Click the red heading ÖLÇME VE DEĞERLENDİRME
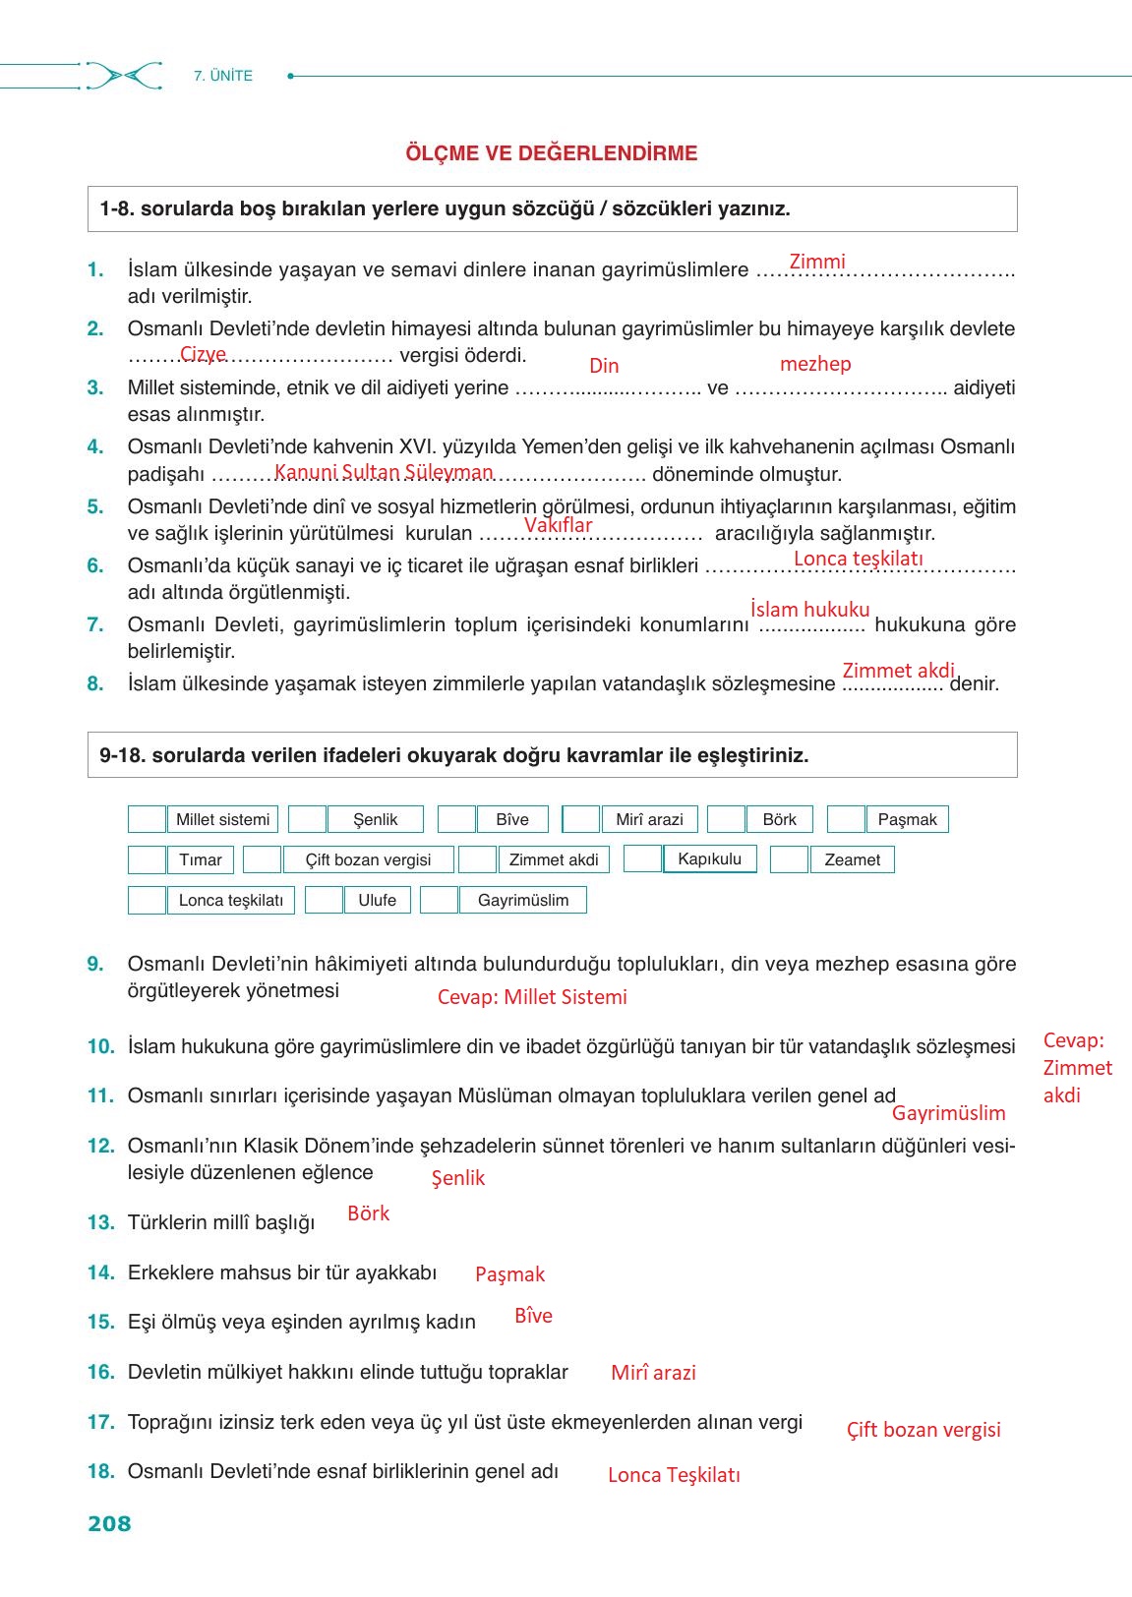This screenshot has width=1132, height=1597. (x=552, y=153)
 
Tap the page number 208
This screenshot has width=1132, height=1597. (x=109, y=1523)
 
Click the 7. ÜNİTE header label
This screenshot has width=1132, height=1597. (x=223, y=76)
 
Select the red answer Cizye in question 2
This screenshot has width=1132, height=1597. (x=204, y=354)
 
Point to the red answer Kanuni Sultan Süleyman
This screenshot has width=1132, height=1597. (x=384, y=472)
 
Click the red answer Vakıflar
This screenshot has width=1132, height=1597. (x=558, y=525)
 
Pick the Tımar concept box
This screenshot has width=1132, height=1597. (x=201, y=859)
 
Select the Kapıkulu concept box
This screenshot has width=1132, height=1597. (x=709, y=858)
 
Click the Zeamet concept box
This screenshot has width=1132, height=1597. (x=852, y=859)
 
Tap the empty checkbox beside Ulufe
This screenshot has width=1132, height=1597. (x=324, y=900)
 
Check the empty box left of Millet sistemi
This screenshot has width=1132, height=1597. (x=148, y=819)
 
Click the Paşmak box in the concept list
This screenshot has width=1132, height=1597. (x=907, y=819)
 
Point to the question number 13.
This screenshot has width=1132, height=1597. (x=100, y=1222)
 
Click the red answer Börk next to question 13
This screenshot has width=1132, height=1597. (x=369, y=1213)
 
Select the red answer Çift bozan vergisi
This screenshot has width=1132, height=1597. (x=923, y=1430)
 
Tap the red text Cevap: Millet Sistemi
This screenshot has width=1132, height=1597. (x=532, y=997)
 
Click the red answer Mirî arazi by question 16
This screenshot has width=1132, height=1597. (x=653, y=1373)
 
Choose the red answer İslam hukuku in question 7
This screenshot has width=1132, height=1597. (x=809, y=610)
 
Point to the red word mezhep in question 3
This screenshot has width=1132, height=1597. (x=815, y=364)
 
